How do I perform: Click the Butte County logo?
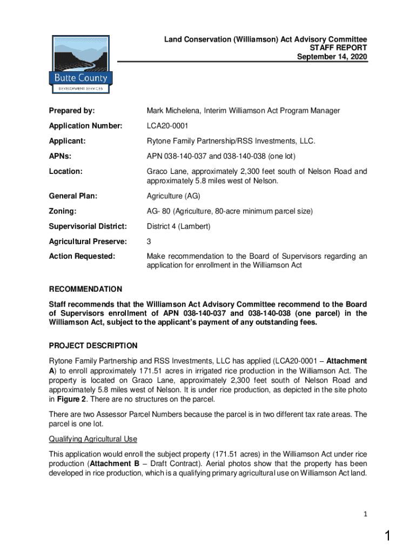tap(80, 65)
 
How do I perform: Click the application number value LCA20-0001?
tap(167, 126)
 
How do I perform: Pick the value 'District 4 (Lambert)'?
tap(179, 226)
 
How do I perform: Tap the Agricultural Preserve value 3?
tap(149, 241)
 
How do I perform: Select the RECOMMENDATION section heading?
tap(85, 289)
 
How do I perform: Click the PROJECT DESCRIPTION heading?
tap(93, 346)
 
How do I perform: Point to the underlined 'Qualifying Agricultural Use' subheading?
tap(92, 439)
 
